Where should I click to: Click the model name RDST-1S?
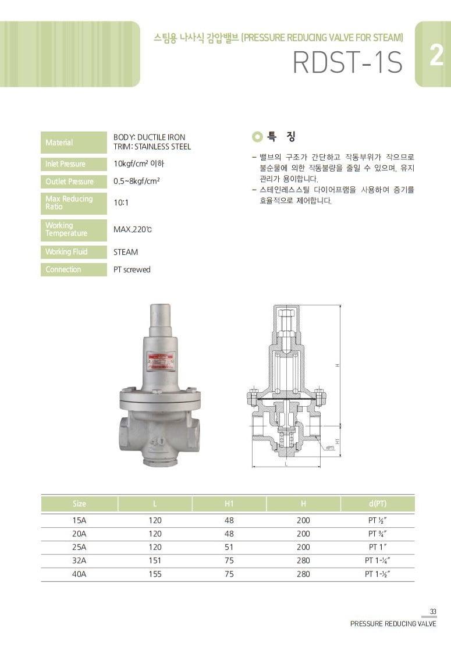pyautogui.click(x=348, y=63)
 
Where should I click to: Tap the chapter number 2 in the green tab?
pyautogui.click(x=436, y=57)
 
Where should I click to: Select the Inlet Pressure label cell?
pyautogui.click(x=65, y=164)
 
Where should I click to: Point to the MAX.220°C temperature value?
pyautogui.click(x=133, y=229)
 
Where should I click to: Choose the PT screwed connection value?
pyautogui.click(x=132, y=269)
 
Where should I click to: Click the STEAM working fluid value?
pyautogui.click(x=126, y=252)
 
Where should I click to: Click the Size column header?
pyautogui.click(x=80, y=503)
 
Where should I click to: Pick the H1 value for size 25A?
pyautogui.click(x=229, y=547)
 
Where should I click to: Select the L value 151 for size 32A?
pyautogui.click(x=155, y=560)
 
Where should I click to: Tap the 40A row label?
pyautogui.click(x=80, y=574)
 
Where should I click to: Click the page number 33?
pyautogui.click(x=432, y=611)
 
